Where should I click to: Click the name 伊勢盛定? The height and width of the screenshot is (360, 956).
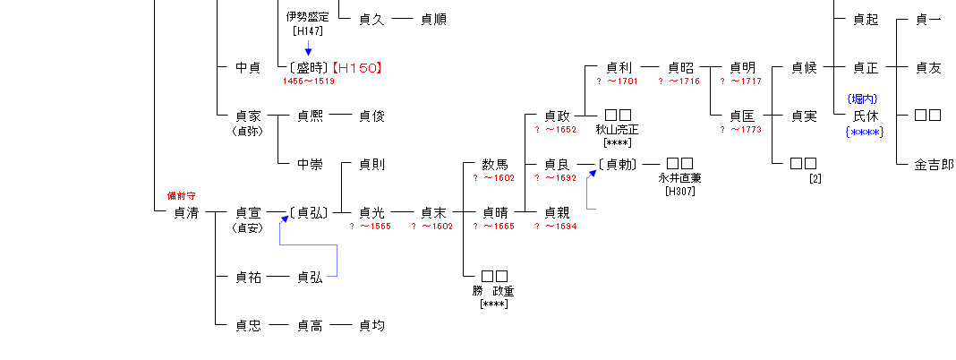coord(307,18)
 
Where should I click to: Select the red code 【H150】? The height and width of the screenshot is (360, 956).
coord(363,67)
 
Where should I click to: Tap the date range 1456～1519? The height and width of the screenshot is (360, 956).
coord(309,81)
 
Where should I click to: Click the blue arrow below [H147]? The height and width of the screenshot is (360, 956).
coord(308,48)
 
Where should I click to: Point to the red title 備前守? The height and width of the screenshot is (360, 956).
coord(181,195)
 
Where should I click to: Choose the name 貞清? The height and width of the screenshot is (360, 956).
coord(187,213)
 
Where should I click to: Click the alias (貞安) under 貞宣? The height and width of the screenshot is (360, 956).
coord(247,227)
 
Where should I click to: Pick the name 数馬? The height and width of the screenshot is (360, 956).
coord(495,165)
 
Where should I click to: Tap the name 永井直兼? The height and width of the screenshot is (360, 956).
coord(679,178)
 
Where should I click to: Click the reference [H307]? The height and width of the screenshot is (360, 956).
coord(679,191)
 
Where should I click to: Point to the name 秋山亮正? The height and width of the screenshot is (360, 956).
coord(618,130)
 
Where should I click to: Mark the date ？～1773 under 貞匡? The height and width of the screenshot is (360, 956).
coord(742,130)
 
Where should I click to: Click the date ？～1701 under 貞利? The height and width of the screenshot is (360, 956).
coord(618,81)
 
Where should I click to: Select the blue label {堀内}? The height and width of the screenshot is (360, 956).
coord(865,99)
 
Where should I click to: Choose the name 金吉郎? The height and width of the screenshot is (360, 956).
coord(933,165)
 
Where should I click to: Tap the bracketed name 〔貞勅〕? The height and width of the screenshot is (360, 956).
coord(619,165)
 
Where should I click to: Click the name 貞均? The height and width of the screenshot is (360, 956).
coord(371,326)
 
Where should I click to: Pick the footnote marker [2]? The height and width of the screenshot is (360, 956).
coord(815,178)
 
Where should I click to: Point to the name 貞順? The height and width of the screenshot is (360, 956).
coord(433,19)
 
